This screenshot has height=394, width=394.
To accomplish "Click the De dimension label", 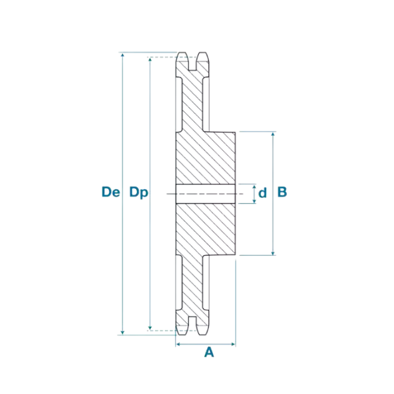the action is [111, 192].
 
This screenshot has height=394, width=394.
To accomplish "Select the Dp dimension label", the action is [139, 193].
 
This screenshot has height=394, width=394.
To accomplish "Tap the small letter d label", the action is [262, 193].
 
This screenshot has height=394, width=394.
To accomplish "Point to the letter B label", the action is [282, 192].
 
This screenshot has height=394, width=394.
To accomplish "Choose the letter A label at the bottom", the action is [209, 352].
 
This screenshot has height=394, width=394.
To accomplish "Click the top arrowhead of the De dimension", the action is [122, 55].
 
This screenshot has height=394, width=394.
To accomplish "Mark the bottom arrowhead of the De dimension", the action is [122, 333].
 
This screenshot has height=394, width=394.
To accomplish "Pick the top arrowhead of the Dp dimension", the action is [150, 59].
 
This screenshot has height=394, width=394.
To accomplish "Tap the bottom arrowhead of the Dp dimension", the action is [150, 328].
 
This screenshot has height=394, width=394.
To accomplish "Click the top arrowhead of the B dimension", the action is [273, 134].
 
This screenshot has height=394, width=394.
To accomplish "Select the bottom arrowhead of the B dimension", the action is [273, 253].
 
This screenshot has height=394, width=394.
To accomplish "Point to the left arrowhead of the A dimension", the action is [178, 344].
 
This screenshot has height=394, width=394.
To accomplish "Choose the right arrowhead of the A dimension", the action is [232, 344].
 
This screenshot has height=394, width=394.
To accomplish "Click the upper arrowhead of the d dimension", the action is [254, 187].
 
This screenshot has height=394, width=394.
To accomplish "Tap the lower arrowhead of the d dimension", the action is [254, 201].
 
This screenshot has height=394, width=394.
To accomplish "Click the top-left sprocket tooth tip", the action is [182, 53].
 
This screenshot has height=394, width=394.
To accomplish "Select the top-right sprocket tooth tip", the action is [202, 53].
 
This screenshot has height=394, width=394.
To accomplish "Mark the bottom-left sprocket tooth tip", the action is [182, 335].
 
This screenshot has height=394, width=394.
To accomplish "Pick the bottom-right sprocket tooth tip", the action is [202, 335].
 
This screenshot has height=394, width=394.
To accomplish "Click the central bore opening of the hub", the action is [206, 194].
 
